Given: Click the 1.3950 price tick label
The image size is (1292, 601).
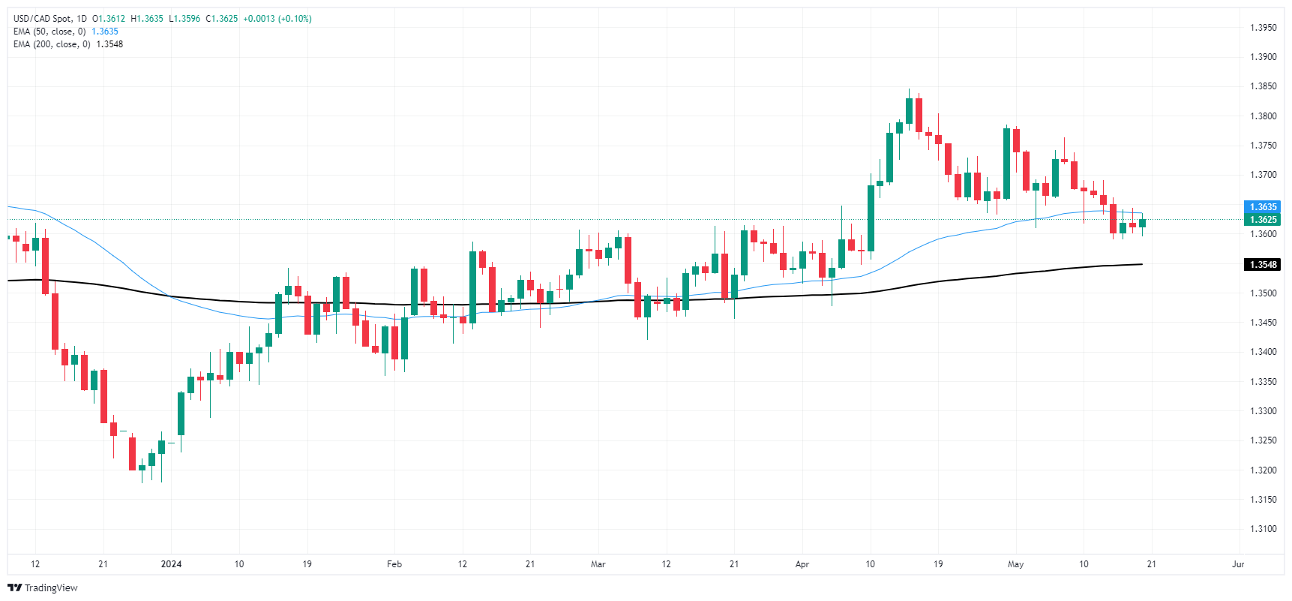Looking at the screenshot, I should coord(1263,28).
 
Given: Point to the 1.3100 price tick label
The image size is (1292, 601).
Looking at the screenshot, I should coord(1263,529).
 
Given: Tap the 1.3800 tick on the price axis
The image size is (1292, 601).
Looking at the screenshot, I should coord(1263,116).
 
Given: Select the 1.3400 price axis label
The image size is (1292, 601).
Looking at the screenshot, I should coord(1263,352).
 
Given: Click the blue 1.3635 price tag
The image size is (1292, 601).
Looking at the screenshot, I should coord(1263,207).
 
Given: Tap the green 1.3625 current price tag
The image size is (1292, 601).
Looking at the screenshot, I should coord(1263,220).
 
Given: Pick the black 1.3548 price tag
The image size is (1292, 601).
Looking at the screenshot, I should coord(1263,265).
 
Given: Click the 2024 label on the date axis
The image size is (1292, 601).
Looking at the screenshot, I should coord(171,564).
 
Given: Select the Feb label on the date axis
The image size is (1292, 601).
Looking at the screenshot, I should coord(394,564).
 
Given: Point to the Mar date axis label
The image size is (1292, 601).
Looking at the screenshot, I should coord(598,564).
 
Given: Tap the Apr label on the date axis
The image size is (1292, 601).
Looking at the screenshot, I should coord(802,564).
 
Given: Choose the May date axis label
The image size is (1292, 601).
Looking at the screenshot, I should coord(1015,564).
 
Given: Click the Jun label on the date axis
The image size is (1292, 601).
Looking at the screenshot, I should coord(1238,564).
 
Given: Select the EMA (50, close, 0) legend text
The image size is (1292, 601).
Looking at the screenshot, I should coord(49,32).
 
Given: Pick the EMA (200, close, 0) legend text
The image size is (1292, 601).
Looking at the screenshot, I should coord(52,44).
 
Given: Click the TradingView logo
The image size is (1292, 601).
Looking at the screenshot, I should coord(43,587).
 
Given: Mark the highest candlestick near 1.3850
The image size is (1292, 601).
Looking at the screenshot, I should coord(909,111).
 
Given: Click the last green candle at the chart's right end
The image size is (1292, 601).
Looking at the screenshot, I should coord(1142,223).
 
